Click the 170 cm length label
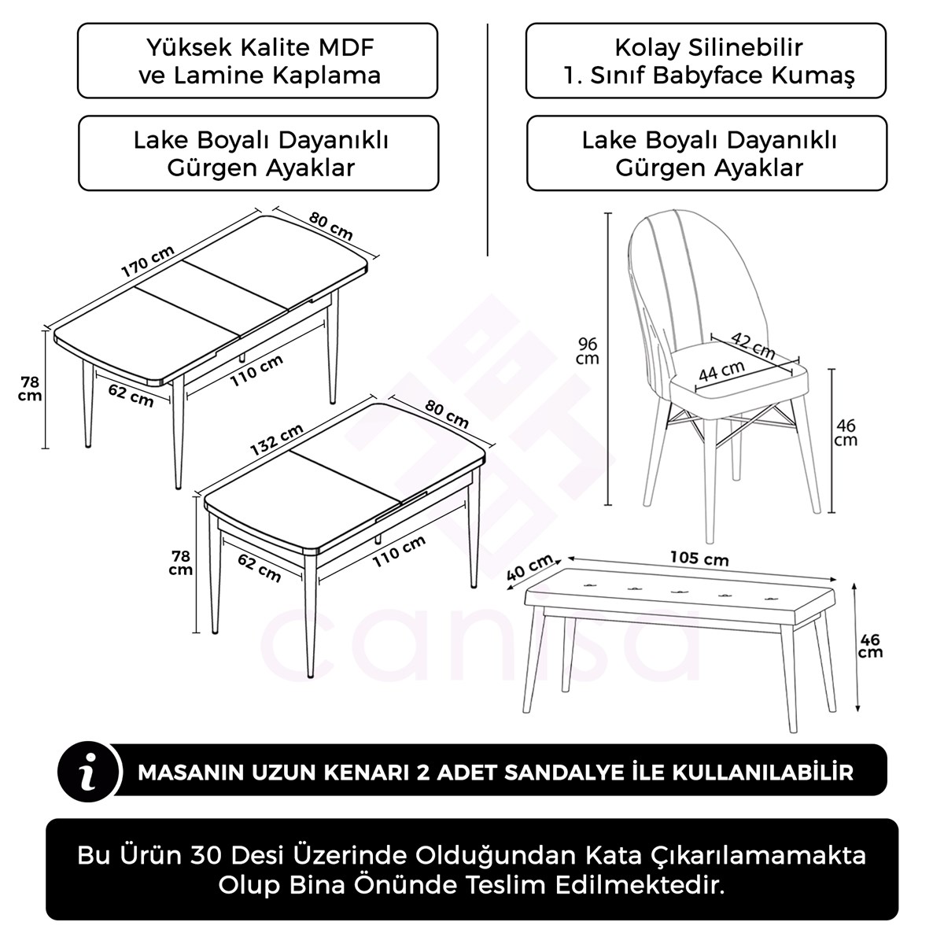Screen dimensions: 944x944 (148, 262)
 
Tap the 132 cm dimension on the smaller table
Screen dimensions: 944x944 (277, 440)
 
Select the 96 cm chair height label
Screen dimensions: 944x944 (588, 351)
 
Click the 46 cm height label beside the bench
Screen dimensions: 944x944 (870, 645)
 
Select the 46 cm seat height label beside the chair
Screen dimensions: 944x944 (846, 433)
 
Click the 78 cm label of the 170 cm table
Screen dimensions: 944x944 (31, 389)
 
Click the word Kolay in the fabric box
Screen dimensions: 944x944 (647, 47)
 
